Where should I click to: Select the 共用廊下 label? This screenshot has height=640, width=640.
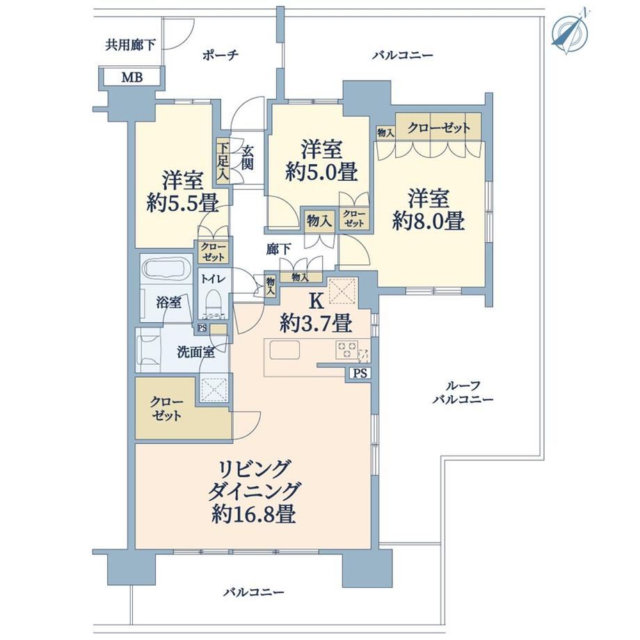tap(130, 45)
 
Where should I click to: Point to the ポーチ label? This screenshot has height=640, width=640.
tap(220, 55)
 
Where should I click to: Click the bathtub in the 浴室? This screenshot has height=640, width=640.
tap(167, 270)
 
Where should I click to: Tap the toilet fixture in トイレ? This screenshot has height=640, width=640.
tap(214, 303)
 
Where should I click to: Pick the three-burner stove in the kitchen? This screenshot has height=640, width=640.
tap(346, 350)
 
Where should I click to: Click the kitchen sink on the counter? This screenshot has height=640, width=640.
tap(285, 350)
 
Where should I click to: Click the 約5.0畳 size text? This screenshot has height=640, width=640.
tap(321, 171)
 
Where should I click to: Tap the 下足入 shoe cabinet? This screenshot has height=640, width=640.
tap(223, 161)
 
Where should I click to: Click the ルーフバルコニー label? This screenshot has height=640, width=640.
tap(463, 392)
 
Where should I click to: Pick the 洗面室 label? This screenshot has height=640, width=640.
tap(195, 352)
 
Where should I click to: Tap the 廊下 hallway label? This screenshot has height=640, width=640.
tap(279, 249)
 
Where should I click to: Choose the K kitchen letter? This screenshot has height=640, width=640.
tap(317, 301)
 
